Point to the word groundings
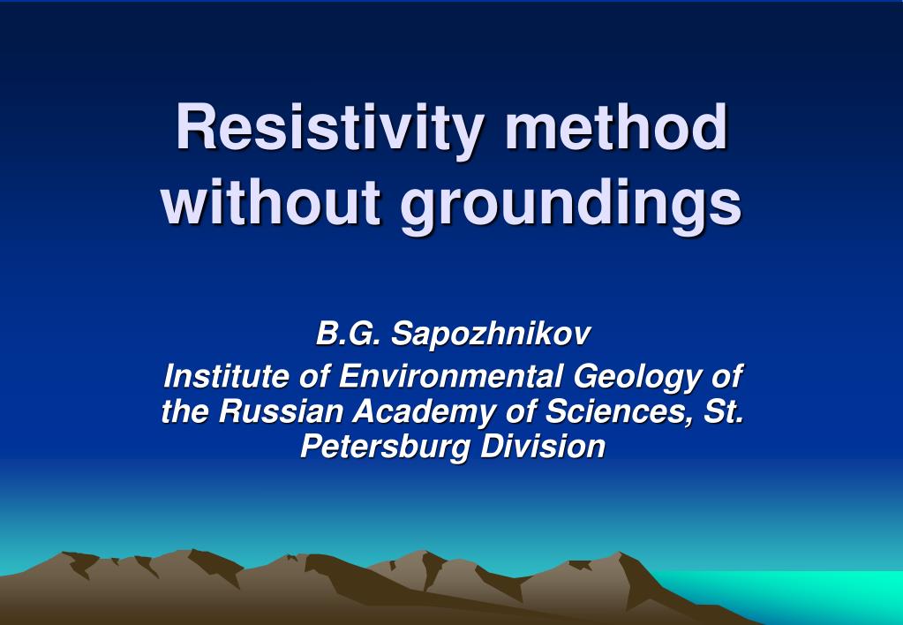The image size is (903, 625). [x=572, y=203]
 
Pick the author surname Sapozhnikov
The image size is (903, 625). [x=491, y=335]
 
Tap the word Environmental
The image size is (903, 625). [x=450, y=377]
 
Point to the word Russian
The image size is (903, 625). [x=282, y=411]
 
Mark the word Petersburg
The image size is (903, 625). [x=386, y=447]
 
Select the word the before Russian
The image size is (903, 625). [x=185, y=411]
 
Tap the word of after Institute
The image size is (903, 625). [x=313, y=377]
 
